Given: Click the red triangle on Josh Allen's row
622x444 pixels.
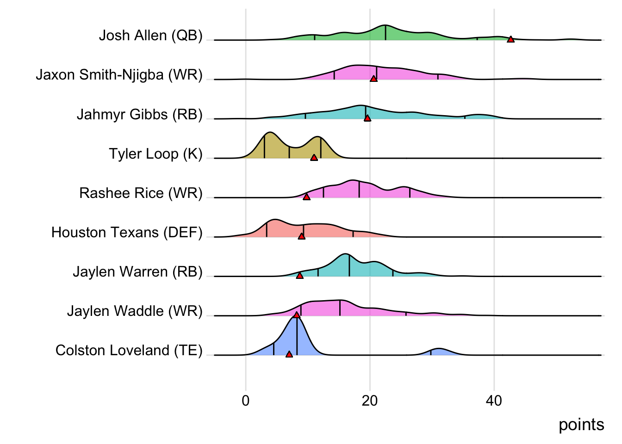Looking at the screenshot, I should coord(510,39).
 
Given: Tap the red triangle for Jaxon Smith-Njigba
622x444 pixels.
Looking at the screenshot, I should coord(373,79).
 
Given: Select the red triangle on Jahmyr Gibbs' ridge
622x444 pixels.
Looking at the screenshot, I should coord(367,118).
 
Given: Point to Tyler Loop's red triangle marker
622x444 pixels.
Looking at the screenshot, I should coord(314,157).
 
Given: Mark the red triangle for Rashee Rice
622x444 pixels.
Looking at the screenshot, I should coord(306,197).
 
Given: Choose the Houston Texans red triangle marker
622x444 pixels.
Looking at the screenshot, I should coord(301,236).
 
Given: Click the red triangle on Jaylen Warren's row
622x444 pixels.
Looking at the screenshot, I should coord(299,275).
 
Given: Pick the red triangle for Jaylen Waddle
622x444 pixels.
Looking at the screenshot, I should coord(297,314).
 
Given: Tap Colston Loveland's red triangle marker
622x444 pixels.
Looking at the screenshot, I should coord(289,354).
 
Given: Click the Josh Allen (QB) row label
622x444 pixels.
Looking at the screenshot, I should coord(150,36).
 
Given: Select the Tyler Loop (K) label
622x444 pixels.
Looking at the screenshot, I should coord(155,154).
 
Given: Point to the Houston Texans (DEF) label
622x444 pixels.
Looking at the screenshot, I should coord(127,232).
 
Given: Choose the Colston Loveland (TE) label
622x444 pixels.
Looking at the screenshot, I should coord(129,351).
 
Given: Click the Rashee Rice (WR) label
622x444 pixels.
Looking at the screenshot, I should coord(141,193).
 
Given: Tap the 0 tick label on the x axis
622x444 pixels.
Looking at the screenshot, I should coord(246,401).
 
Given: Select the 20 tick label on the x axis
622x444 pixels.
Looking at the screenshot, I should coord(370,401).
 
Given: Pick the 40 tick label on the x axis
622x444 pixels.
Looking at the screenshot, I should coord(494,401).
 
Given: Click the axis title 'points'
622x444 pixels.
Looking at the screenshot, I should coord(581,425).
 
